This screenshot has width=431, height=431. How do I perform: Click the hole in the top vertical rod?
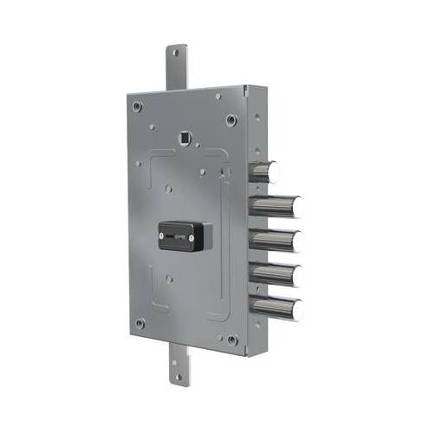[x=176, y=53]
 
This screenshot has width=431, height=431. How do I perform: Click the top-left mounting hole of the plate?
[x=137, y=106]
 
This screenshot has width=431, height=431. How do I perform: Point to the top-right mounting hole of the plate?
[x=230, y=120]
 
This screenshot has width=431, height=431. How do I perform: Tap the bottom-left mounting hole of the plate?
[x=139, y=323]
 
